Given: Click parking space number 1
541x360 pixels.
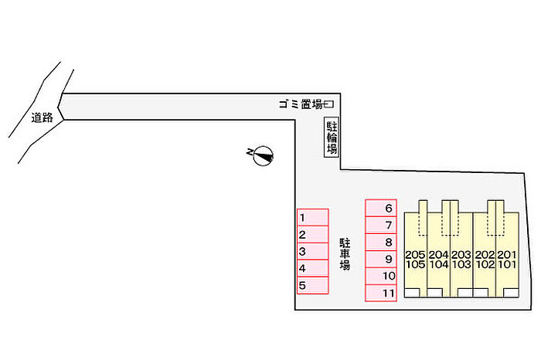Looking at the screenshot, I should point(313,217).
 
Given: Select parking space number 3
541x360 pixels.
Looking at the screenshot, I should point(313,251).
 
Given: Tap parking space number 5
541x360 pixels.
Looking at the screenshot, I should point(313,285).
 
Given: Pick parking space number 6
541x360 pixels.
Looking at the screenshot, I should point(381,208).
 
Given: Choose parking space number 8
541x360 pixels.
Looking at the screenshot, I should point(381,242).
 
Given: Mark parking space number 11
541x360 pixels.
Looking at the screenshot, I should point(381,293).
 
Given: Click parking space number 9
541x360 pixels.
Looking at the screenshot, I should point(381,259).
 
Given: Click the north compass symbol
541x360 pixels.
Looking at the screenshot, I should point(263,155).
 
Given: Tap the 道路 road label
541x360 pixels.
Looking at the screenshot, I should point(42,118).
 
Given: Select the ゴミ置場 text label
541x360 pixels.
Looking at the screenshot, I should point(301,104).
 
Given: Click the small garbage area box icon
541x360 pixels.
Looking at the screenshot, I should point(329,104).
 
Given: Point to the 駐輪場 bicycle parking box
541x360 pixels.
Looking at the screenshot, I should point(332,138).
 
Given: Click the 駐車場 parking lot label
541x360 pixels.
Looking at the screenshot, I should point(345,254).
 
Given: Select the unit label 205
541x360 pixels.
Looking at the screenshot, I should point(415,254).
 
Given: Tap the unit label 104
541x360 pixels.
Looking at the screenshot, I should point(438,264).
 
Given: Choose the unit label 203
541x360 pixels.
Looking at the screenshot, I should point(461,254).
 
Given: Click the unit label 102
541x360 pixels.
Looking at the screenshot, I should point(485,264).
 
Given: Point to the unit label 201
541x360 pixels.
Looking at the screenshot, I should point(506,254).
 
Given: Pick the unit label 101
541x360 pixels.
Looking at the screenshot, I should point(506,264).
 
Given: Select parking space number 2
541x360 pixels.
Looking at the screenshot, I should point(313,234).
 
